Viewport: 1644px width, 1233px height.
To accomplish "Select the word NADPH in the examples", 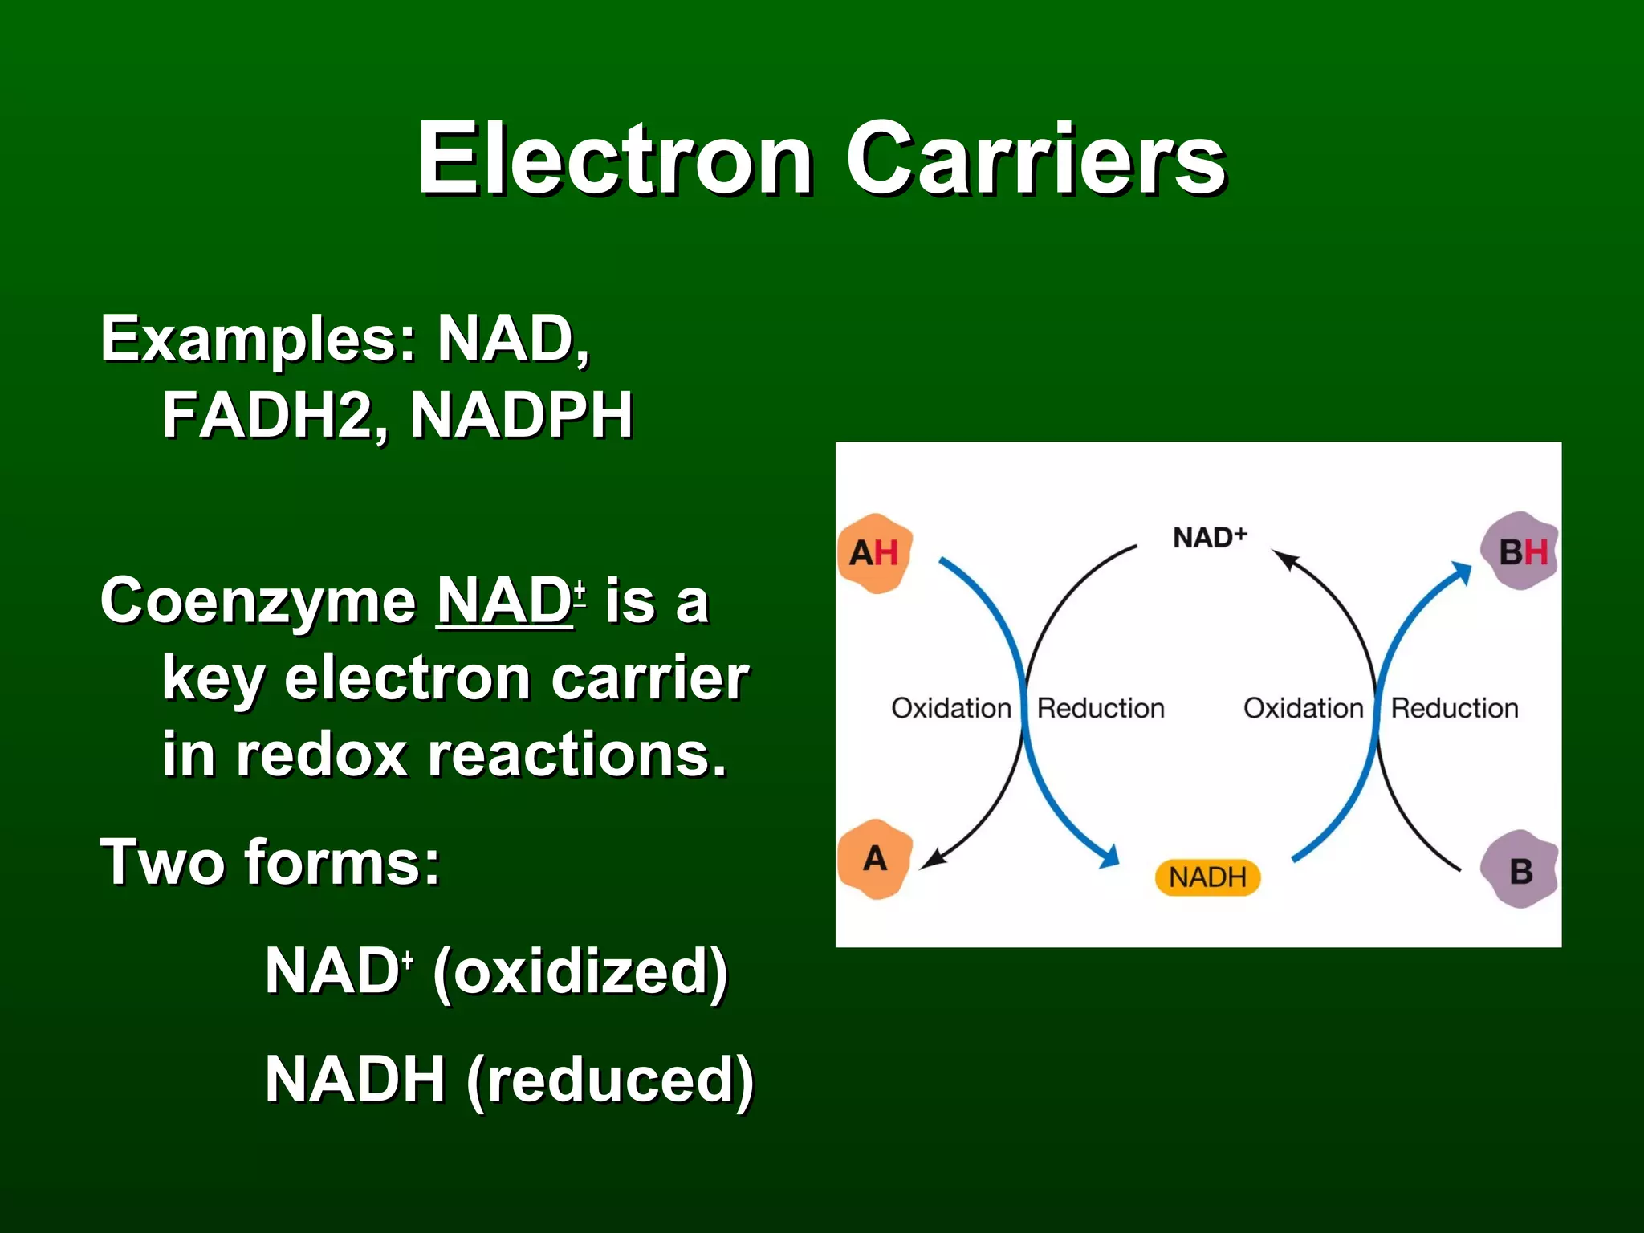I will (522, 415).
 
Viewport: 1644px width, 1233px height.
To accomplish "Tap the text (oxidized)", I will (580, 971).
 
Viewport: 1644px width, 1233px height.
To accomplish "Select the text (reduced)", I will (610, 1080).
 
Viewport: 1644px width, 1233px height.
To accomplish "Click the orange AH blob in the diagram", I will (874, 553).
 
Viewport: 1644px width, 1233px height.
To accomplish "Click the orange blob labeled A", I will (875, 859).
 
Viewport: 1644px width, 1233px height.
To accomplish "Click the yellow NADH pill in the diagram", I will (1207, 877).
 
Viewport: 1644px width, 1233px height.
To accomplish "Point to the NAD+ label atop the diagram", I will (1210, 537).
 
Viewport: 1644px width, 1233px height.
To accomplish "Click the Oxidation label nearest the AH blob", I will (951, 708).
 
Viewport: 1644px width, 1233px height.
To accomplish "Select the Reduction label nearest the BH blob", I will (1455, 708).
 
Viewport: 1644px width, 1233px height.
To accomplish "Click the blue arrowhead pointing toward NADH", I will (1109, 857).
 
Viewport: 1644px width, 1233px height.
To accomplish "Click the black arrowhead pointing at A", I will (932, 860).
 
